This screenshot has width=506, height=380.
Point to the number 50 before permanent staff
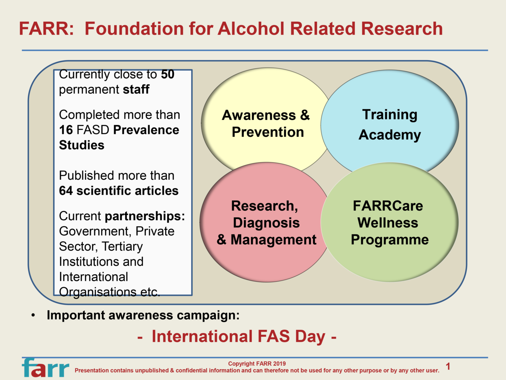(x=167, y=75)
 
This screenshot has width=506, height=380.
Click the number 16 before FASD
(x=66, y=130)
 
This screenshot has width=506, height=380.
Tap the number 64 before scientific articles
(x=66, y=191)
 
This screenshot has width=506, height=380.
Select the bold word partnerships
(x=145, y=216)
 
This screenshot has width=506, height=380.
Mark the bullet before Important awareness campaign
(x=33, y=315)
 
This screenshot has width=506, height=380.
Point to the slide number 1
(x=448, y=366)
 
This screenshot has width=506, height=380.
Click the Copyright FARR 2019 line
(x=257, y=363)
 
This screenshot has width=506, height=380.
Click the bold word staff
(x=136, y=90)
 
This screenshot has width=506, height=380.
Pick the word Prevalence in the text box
(x=146, y=130)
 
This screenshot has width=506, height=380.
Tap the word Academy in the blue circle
(x=390, y=135)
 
